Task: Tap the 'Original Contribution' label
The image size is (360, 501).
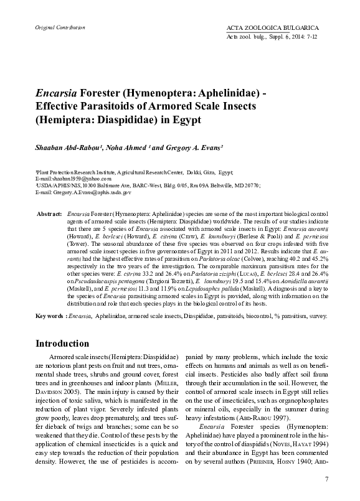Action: [x=52, y=29]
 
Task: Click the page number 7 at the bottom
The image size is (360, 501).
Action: [x=327, y=478]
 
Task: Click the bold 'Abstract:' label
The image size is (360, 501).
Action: [x=49, y=213]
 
